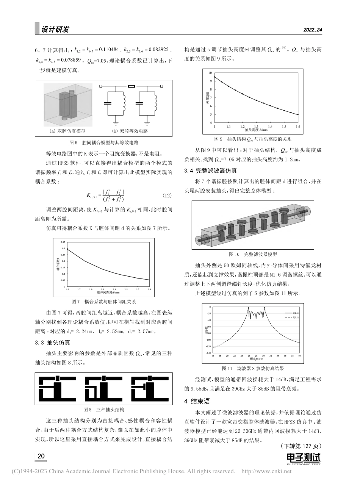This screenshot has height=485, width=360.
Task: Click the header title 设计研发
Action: click(55, 30)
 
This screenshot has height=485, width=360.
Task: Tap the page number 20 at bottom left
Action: click(41, 456)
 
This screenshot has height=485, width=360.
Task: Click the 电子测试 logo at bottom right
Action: click(304, 458)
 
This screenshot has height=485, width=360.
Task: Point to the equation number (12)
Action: click(167, 196)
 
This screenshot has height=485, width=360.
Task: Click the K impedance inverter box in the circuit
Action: click(131, 87)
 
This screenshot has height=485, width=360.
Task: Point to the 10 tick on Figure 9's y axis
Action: click(211, 72)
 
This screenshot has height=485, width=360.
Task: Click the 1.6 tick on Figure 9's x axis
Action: click(298, 126)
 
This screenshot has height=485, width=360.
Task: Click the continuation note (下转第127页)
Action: click(301, 446)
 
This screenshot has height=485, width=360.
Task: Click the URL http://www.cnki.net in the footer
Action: click(266, 471)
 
